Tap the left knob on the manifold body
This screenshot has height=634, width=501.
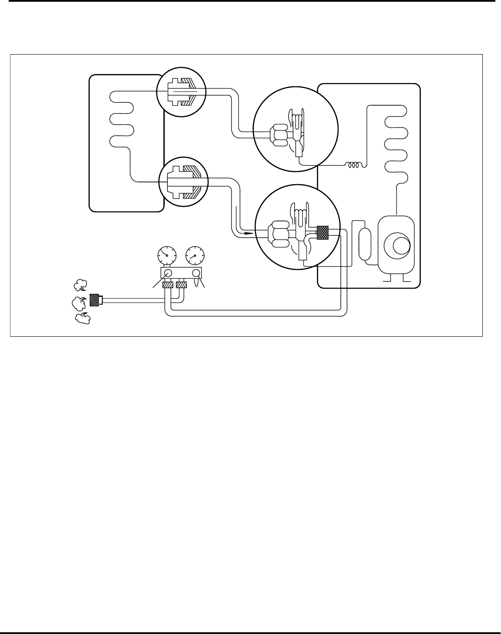click(169, 273)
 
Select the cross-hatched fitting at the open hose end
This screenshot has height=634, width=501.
click(94, 299)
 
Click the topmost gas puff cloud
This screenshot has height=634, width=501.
click(79, 285)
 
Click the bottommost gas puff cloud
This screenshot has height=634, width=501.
click(83, 319)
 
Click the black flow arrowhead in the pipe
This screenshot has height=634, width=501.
click(247, 233)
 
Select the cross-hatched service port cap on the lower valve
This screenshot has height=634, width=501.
click(323, 233)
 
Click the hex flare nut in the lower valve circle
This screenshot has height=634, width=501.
click(278, 234)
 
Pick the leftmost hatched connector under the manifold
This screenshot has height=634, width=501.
click(168, 286)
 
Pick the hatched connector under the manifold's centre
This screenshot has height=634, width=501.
click(181, 286)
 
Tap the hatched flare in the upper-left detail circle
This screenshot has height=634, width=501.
click(189, 91)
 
